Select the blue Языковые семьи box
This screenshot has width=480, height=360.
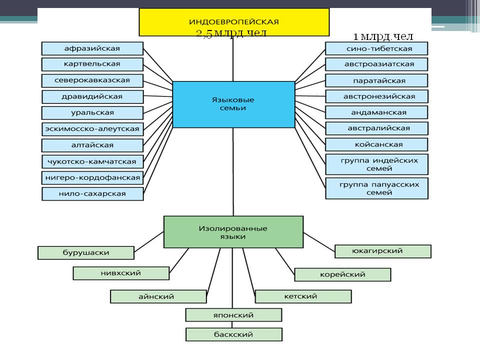tap(233, 104)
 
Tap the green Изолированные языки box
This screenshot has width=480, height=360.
tap(233, 231)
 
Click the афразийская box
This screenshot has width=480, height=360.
tap(92, 48)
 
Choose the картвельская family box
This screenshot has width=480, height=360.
tap(92, 64)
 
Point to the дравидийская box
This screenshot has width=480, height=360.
tap(92, 96)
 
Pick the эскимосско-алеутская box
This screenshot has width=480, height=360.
tap(92, 129)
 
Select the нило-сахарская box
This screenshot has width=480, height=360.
tap(92, 193)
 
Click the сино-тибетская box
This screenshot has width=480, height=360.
tap(376, 48)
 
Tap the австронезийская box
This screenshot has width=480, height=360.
tap(376, 96)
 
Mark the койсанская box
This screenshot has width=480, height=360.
tap(376, 144)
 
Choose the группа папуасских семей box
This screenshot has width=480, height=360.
tap(376, 188)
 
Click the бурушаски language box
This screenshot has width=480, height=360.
tap(86, 252)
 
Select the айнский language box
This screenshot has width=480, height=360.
tap(158, 296)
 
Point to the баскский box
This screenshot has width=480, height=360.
tap(233, 334)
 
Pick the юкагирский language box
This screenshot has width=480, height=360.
tap(382, 251)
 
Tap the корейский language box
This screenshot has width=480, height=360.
tap(342, 274)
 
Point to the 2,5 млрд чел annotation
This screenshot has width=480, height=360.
tap(231, 33)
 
